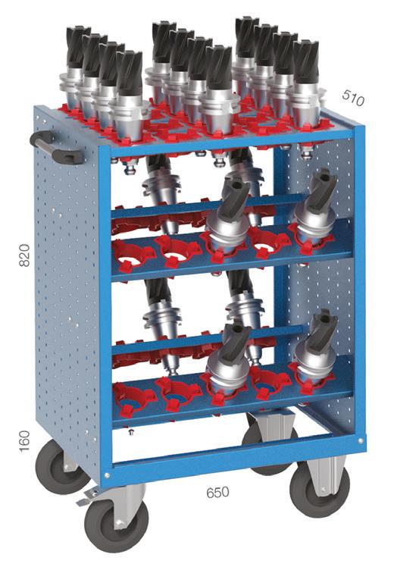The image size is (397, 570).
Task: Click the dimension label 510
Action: click(x=353, y=98)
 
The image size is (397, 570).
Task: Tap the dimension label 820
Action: click(x=24, y=255)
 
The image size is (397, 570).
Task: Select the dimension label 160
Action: click(x=24, y=441)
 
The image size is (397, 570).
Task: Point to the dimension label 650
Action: click(x=217, y=493)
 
